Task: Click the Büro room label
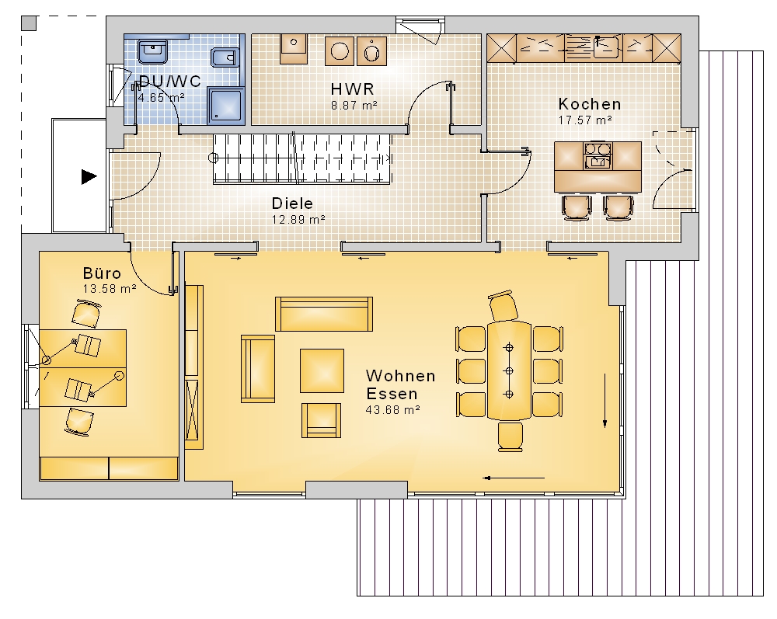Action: (102, 273)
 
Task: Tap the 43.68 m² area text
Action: (393, 410)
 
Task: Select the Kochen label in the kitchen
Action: (589, 104)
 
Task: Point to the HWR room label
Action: (352, 89)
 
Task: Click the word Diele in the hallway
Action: (292, 203)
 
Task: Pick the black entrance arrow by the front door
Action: (89, 177)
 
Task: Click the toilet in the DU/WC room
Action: (225, 57)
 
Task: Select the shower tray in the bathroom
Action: (226, 106)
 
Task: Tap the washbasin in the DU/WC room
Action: (153, 52)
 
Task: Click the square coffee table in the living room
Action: (322, 370)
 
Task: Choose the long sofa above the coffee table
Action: (324, 314)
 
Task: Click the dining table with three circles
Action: (509, 370)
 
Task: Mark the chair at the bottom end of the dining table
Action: (510, 436)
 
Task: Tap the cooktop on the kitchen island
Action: (598, 149)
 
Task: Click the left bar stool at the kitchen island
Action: (577, 207)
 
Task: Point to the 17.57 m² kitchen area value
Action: (585, 120)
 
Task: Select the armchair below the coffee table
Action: (322, 420)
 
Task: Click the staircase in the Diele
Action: (302, 158)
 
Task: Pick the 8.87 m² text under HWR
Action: (354, 106)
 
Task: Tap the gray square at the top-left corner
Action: (30, 23)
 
